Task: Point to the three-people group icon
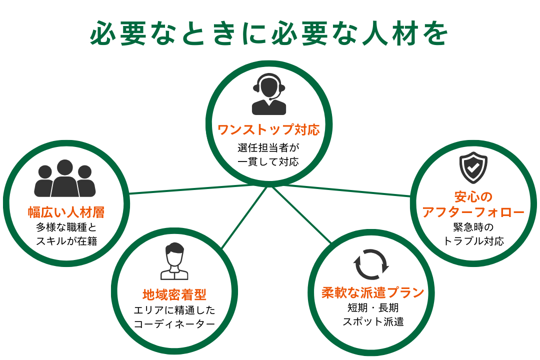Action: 65,178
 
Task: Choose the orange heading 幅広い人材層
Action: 66,212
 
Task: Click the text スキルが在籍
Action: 66,241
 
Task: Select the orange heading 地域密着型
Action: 174,294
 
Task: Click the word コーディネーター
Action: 174,324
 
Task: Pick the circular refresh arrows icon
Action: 371,264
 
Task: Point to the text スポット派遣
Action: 372,321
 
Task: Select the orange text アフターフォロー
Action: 473,212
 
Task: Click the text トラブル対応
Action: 473,241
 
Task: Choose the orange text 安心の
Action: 473,196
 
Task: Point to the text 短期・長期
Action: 372,307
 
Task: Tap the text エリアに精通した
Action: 174,310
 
